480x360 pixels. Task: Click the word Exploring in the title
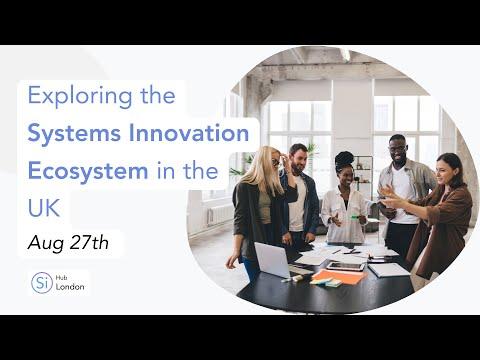coord(80,97)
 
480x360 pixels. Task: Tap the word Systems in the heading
coord(74,133)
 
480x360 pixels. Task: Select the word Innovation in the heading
coord(189,133)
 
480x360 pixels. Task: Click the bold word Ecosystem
coord(88,171)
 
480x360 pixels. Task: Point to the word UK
coord(44,208)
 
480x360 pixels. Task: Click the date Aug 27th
coord(68,243)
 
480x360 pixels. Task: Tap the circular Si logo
coord(42,283)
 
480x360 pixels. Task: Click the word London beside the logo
coord(70,287)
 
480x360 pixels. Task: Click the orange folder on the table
coord(340,277)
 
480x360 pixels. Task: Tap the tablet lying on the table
coord(346,266)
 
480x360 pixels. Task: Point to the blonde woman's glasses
coord(276,163)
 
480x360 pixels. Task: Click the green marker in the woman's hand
coord(356,217)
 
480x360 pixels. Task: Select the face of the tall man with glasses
coord(398,151)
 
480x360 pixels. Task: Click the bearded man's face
coord(299,161)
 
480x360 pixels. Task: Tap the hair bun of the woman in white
coord(344,158)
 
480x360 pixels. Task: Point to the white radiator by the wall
coord(220,215)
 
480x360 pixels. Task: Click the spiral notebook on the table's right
coord(389,270)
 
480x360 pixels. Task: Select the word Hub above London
coord(60,278)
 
